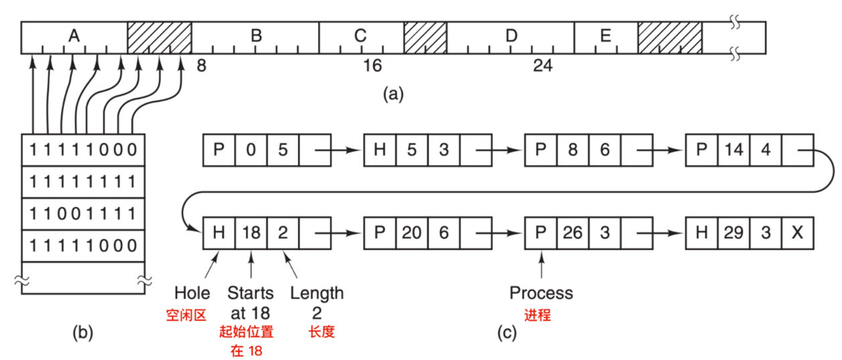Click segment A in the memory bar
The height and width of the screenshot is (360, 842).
pyautogui.click(x=74, y=37)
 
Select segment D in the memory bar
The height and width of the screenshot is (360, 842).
pyautogui.click(x=511, y=37)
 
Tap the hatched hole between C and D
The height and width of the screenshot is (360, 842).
pyautogui.click(x=425, y=37)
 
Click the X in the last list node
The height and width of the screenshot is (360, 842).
pyautogui.click(x=796, y=233)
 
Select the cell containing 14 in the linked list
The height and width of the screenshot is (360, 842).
pyautogui.click(x=734, y=150)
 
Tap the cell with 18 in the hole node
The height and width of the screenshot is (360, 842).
pyautogui.click(x=251, y=233)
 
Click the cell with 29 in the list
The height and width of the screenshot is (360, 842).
pyautogui.click(x=734, y=233)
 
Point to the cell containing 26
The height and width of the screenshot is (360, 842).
pyautogui.click(x=573, y=233)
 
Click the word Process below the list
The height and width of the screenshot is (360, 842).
pyautogui.click(x=541, y=293)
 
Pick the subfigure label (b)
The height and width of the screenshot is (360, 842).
pyautogui.click(x=83, y=332)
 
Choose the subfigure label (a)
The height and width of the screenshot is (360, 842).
pyautogui.click(x=393, y=94)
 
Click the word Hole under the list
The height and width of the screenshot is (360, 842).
pyautogui.click(x=192, y=293)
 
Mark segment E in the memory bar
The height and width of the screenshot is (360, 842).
pyautogui.click(x=606, y=37)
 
